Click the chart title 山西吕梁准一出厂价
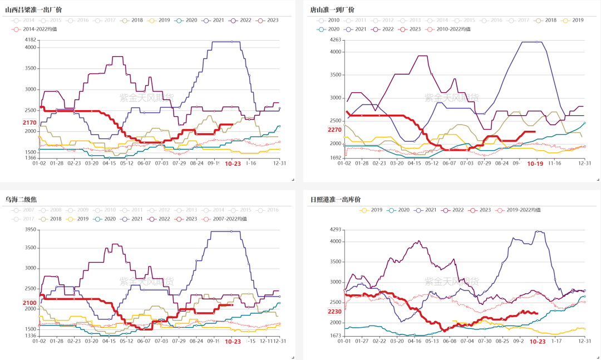(x=33, y=9)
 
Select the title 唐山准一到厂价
(x=332, y=9)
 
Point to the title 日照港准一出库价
(x=336, y=199)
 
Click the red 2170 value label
(x=29, y=122)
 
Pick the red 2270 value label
(x=334, y=130)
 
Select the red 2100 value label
(x=29, y=303)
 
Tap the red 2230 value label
(x=334, y=312)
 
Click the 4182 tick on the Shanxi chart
(x=31, y=40)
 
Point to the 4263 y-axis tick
(x=336, y=40)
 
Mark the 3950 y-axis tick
(x=31, y=229)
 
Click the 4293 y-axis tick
(x=336, y=229)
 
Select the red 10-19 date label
(x=535, y=164)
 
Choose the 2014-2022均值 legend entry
(x=38, y=29)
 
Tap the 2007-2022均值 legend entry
(x=225, y=219)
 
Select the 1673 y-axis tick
(x=336, y=336)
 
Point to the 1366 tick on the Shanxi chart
(x=31, y=158)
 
